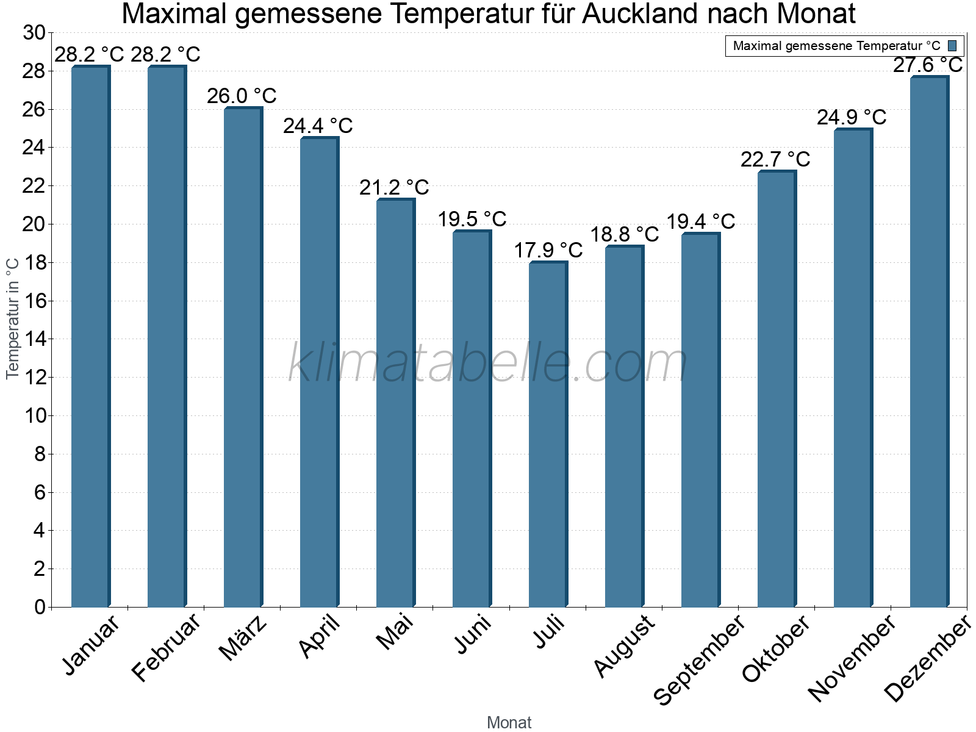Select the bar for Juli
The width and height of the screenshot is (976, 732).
[x=547, y=434]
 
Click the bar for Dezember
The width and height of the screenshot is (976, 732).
[x=928, y=342]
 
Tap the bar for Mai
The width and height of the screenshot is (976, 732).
[x=395, y=403]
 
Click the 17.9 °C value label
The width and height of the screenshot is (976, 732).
[x=548, y=250]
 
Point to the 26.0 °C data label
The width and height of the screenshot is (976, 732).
[x=242, y=96]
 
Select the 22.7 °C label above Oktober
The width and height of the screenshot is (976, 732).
[x=775, y=159]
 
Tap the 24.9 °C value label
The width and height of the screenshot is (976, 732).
[x=852, y=117]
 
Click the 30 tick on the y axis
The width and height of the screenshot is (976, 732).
[x=34, y=33]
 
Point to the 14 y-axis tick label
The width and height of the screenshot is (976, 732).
[x=34, y=339]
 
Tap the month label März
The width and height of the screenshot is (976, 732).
[x=243, y=638]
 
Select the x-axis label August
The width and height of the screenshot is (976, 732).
[x=623, y=647]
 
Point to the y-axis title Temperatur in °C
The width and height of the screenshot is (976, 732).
[x=13, y=318]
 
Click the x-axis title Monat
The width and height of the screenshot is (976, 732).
[x=509, y=723]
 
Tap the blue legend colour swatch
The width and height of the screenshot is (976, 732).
[x=952, y=46]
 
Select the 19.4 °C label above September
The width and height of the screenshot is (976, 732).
[x=700, y=221]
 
